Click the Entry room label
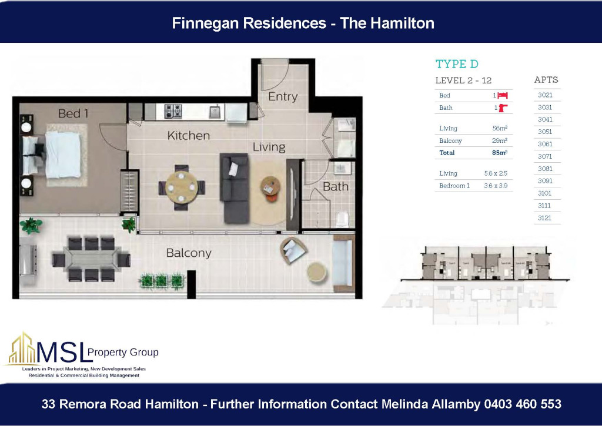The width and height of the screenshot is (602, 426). point(283,96)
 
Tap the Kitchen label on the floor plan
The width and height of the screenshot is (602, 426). point(188,136)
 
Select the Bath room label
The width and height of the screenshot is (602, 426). point(335,187)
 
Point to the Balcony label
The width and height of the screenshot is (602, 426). point(188,253)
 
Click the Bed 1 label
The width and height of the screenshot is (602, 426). point(73,113)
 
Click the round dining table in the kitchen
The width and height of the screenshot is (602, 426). point(182,187)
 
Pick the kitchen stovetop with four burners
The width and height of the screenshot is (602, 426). point(172,110)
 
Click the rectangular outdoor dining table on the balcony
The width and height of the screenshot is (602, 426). point(91,259)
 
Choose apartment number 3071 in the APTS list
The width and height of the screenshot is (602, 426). point(545,156)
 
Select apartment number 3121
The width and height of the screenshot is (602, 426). point(545,218)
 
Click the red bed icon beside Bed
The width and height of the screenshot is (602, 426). point(503,95)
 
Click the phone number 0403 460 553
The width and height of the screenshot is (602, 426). point(523,404)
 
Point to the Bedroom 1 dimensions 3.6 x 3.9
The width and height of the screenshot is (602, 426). point(495,186)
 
